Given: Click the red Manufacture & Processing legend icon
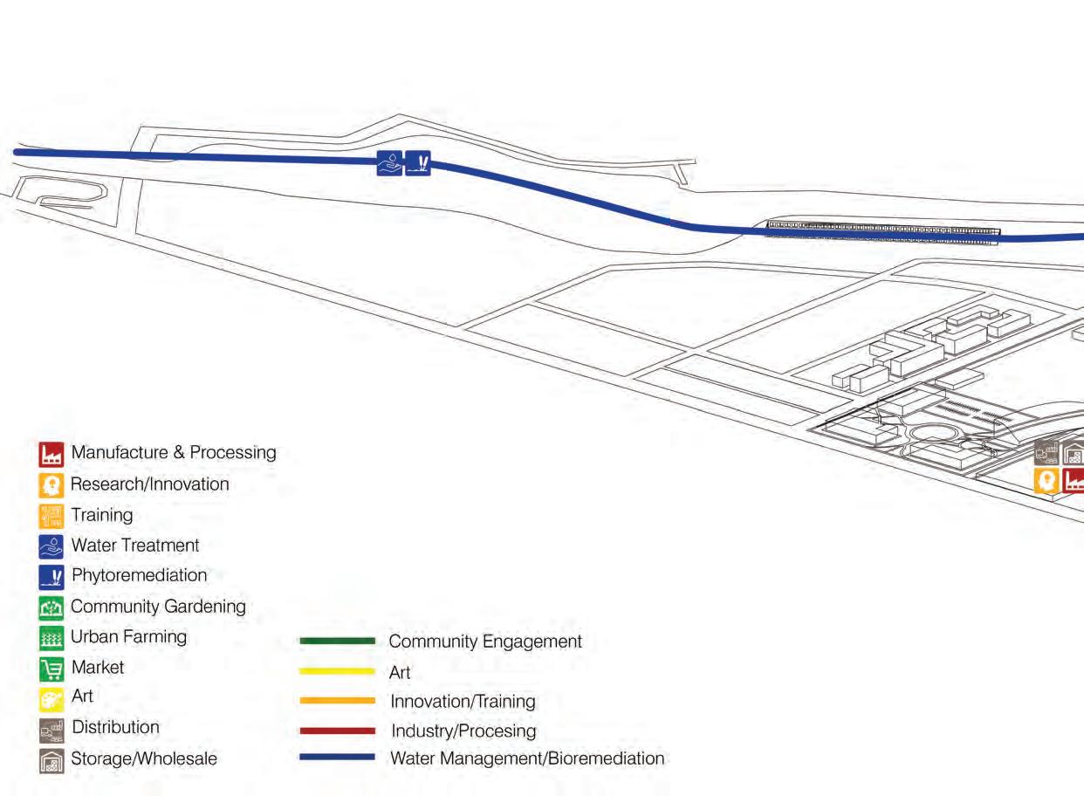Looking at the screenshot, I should pyautogui.click(x=51, y=454).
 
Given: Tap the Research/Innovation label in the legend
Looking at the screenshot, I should pyautogui.click(x=149, y=484).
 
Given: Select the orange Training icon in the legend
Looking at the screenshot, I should pyautogui.click(x=51, y=515).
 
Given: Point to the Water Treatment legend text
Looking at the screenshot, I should pyautogui.click(x=134, y=546).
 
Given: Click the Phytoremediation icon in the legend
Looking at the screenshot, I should pyautogui.click(x=51, y=576).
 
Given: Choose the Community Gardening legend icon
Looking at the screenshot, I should pyautogui.click(x=51, y=607).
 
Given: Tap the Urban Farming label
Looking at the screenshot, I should pyautogui.click(x=128, y=636).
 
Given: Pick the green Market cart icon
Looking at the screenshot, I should pyautogui.click(x=51, y=669).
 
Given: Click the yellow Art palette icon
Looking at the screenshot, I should pyautogui.click(x=51, y=699).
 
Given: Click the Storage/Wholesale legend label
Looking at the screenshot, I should pyautogui.click(x=144, y=758).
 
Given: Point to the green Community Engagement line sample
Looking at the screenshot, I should pyautogui.click(x=337, y=641).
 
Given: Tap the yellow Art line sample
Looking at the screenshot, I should pyautogui.click(x=337, y=671).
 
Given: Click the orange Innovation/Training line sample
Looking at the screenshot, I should pyautogui.click(x=337, y=700).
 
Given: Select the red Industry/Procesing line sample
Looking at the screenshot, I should pyautogui.click(x=337, y=730).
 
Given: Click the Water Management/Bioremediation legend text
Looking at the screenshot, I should pyautogui.click(x=527, y=758).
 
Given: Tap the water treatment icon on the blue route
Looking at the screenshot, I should pyautogui.click(x=389, y=163).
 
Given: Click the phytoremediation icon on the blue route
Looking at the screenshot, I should pyautogui.click(x=418, y=163).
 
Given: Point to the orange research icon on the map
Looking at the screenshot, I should pyautogui.click(x=1046, y=480).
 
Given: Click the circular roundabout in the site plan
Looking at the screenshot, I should pyautogui.click(x=931, y=433).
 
